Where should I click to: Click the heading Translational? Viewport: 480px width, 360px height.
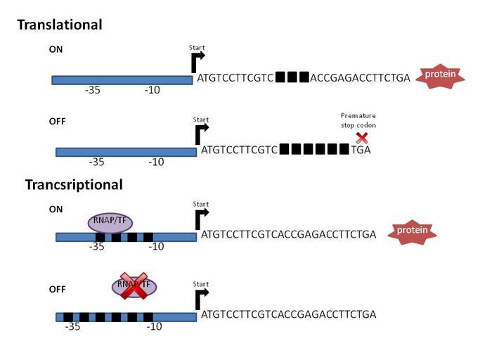[60, 25]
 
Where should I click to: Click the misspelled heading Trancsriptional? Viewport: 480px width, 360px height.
[74, 185]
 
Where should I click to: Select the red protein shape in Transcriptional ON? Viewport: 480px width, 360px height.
[413, 231]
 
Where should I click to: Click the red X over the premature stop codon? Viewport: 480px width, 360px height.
[362, 138]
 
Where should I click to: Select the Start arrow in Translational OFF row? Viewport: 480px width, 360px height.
[201, 132]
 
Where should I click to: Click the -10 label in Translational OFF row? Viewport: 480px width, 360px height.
[156, 162]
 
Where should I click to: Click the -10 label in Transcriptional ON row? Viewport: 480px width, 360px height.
[155, 246]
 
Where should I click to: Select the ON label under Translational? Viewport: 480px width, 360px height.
[56, 50]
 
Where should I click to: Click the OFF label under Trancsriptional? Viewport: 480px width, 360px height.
[58, 289]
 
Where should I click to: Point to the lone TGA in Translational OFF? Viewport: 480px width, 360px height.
[361, 149]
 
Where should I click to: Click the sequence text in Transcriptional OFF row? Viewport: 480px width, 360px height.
[288, 314]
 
